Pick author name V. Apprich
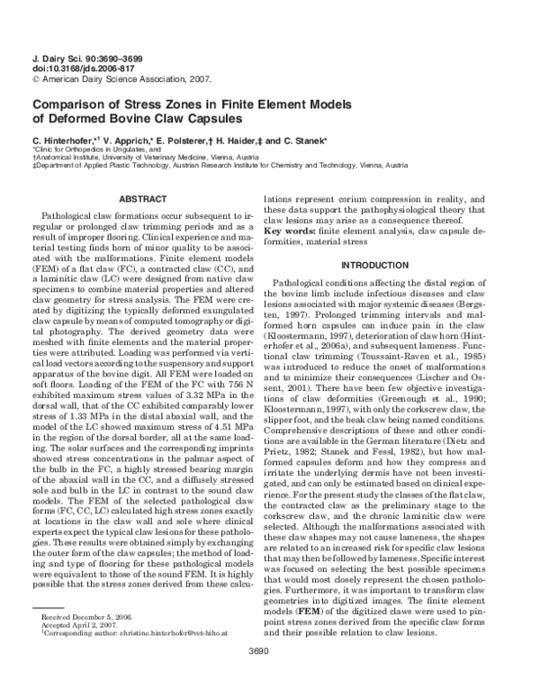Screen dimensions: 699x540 [125, 141]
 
